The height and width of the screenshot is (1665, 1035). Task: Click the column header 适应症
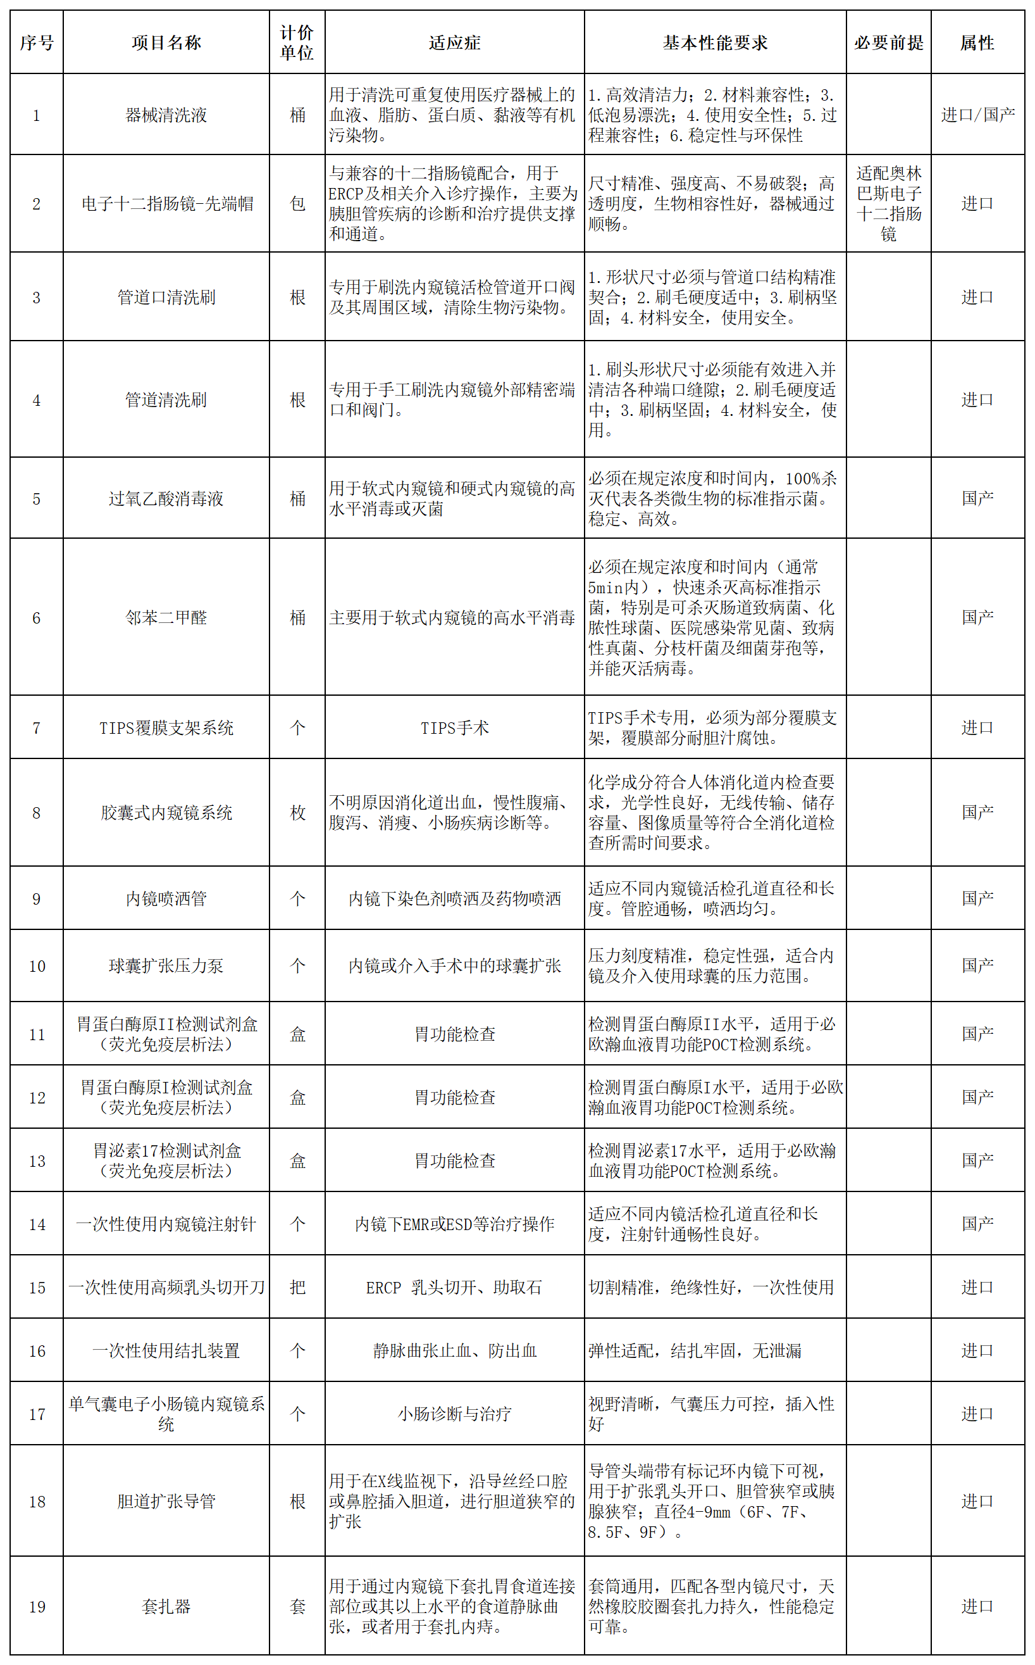click(x=454, y=42)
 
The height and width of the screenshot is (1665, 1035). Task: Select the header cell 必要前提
click(x=888, y=42)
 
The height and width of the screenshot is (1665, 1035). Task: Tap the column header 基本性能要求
click(x=715, y=42)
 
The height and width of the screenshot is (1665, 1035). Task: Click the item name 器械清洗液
click(x=166, y=115)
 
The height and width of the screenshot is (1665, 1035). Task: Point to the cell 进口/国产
click(x=977, y=115)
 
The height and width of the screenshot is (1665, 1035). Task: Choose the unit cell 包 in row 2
click(x=297, y=203)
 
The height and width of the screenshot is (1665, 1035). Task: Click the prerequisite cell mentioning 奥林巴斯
click(x=888, y=203)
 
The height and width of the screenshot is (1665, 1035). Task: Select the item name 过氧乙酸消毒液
click(x=166, y=499)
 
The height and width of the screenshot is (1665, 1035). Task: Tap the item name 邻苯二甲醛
click(x=166, y=618)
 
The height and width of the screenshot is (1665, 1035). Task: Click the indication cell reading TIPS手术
click(x=454, y=728)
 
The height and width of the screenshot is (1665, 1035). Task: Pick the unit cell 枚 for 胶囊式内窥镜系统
click(x=297, y=813)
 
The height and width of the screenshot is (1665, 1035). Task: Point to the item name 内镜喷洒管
click(x=166, y=898)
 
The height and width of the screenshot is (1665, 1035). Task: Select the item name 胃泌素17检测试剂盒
click(x=166, y=1161)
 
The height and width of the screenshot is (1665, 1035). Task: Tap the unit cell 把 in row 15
click(x=297, y=1288)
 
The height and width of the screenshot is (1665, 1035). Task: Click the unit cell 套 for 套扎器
click(x=297, y=1607)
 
